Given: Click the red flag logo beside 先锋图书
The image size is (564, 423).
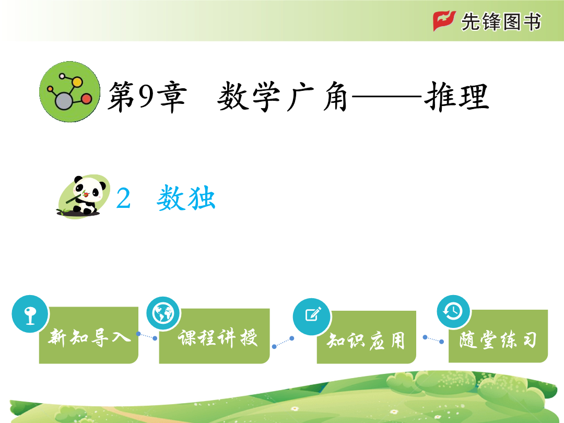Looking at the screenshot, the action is tap(444, 21).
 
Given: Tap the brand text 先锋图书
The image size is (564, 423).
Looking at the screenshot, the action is tap(501, 21).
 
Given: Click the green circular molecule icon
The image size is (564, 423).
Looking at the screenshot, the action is tap(70, 92).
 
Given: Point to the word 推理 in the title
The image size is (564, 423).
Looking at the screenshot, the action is tap(456, 97).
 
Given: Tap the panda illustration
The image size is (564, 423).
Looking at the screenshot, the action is tap(84, 196).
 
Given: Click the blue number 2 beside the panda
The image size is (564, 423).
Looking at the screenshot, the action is tap(123, 198).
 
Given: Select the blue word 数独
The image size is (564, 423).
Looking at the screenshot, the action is tap(186, 197).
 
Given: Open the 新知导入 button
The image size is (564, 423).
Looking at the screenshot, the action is tap(89, 335).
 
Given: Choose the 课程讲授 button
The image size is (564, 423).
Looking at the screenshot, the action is tap(215, 336).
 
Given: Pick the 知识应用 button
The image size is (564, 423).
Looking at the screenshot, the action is tap(366, 337).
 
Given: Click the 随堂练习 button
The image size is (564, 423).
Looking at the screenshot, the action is tap(498, 336).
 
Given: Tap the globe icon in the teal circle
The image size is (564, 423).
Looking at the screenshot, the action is tap(163, 313).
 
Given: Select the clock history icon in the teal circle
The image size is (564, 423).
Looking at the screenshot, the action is tap(453, 311).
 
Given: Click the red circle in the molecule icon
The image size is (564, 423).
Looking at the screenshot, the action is tap(86, 99).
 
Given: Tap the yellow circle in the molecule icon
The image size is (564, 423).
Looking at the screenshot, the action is tap(77, 82).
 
